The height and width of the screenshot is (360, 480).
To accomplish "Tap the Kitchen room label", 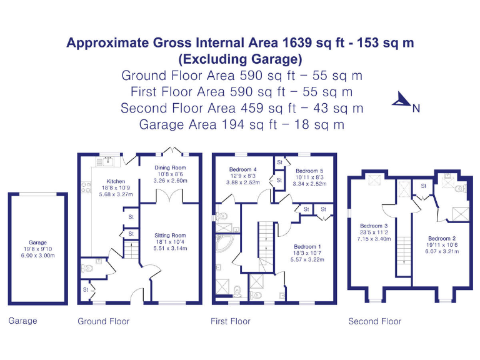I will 116,182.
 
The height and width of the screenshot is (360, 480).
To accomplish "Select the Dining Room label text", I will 170,167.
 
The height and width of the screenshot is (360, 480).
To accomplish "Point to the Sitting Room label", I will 171,236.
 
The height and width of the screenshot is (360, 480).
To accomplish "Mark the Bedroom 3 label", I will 374,226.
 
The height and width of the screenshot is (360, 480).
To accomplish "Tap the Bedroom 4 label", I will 242,169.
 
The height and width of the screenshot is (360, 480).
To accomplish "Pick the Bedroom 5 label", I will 310,171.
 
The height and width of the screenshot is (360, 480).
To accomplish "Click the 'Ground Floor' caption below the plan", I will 104,321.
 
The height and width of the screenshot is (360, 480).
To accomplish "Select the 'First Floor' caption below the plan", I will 230,321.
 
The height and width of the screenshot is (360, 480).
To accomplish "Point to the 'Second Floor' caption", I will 374,321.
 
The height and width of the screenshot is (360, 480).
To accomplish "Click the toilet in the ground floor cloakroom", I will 87,268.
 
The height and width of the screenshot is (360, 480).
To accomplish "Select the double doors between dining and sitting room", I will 170,196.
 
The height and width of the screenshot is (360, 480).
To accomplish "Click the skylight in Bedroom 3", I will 377,181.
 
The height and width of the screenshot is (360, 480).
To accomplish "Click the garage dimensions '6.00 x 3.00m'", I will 37,255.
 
